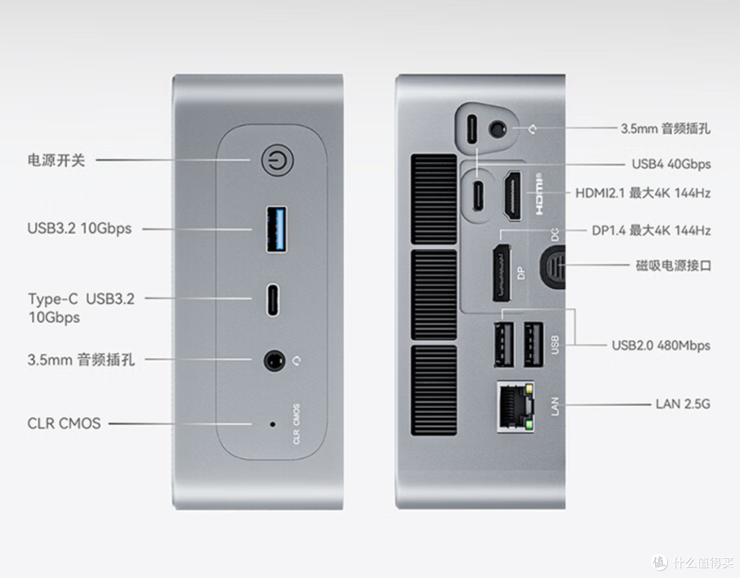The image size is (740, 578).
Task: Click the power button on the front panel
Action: (x=277, y=160)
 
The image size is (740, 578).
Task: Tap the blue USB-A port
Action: (x=277, y=229)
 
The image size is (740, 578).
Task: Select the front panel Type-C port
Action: (x=273, y=300)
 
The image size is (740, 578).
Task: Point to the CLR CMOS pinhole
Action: (x=272, y=424)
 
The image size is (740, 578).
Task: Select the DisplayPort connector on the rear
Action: (x=502, y=273)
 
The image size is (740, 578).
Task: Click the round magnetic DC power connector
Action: (x=553, y=266)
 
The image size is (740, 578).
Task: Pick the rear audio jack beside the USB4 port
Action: (x=497, y=129)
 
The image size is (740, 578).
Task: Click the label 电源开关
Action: (x=56, y=160)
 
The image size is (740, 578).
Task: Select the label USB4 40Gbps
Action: (x=671, y=165)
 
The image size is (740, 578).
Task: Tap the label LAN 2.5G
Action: (x=683, y=405)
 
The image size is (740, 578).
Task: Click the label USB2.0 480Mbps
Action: (x=661, y=346)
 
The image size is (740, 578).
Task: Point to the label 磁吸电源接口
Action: (x=673, y=265)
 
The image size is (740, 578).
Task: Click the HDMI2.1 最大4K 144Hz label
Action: (x=643, y=193)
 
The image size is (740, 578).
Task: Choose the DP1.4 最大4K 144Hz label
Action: (x=652, y=230)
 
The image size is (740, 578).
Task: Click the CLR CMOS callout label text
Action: (x=64, y=423)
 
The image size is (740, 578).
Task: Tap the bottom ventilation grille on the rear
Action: (x=434, y=390)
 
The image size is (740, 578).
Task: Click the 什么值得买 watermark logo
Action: (x=692, y=562)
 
